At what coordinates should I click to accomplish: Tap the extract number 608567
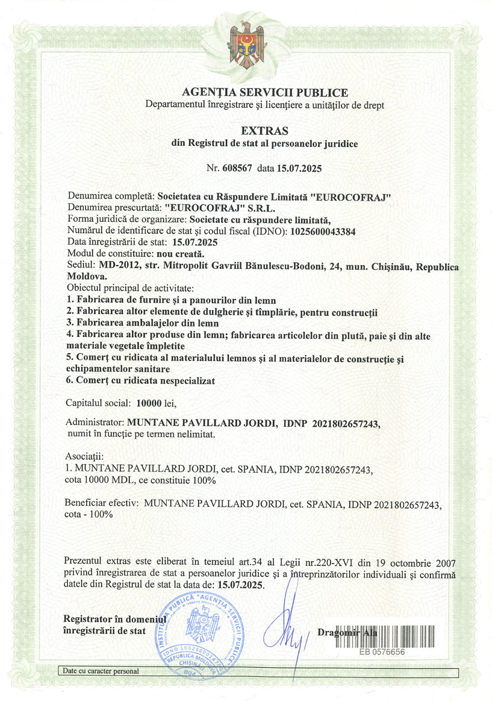pyautogui.click(x=237, y=168)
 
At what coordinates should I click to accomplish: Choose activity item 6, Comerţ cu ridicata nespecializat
pyautogui.click(x=140, y=380)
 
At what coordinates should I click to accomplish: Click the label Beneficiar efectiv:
pyautogui.click(x=102, y=503)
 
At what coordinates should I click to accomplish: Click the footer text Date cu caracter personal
pyautogui.click(x=100, y=670)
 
